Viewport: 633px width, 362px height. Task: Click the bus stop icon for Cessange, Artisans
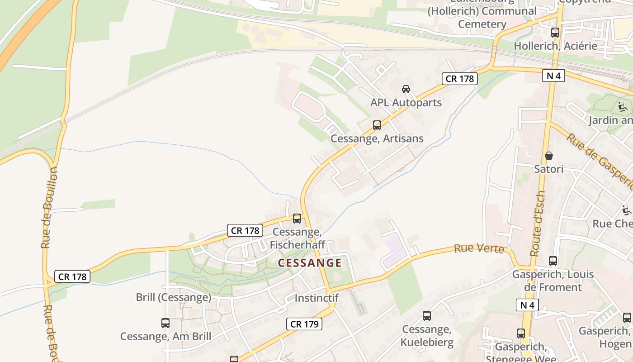point(377,125)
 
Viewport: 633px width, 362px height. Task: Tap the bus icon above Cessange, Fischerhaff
point(297,219)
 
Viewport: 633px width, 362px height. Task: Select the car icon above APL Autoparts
point(406,89)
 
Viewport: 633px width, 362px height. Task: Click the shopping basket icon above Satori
point(549,156)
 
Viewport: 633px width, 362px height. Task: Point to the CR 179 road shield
point(304,324)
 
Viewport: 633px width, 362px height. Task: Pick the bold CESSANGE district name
point(310,263)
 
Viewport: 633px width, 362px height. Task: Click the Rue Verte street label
point(479,249)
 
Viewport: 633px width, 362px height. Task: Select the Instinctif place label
point(316,298)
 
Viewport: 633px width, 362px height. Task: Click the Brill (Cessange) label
point(174,297)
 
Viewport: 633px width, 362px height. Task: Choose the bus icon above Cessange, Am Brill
point(165,323)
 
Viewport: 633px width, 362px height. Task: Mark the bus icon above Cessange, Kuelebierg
point(427,316)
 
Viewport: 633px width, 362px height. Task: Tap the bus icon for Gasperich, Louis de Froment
point(553,261)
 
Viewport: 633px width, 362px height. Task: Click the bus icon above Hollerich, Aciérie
point(555,33)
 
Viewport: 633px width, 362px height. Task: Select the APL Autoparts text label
point(406,103)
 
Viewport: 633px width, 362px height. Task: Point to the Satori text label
point(549,169)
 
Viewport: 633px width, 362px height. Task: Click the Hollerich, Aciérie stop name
point(562,46)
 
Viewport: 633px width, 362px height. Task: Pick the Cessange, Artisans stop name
point(377,138)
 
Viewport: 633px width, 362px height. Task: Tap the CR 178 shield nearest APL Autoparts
point(460,79)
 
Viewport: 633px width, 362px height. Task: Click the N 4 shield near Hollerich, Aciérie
point(553,76)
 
